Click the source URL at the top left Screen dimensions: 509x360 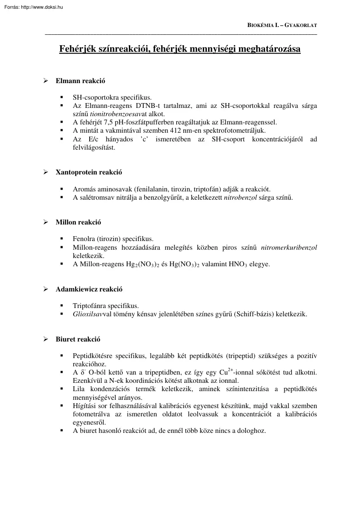32,6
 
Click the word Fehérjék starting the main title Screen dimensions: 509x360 77,49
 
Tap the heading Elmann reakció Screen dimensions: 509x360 80,81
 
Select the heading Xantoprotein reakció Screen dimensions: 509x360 89,172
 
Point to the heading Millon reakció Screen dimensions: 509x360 78,222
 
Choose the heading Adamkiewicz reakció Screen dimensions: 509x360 89,289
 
